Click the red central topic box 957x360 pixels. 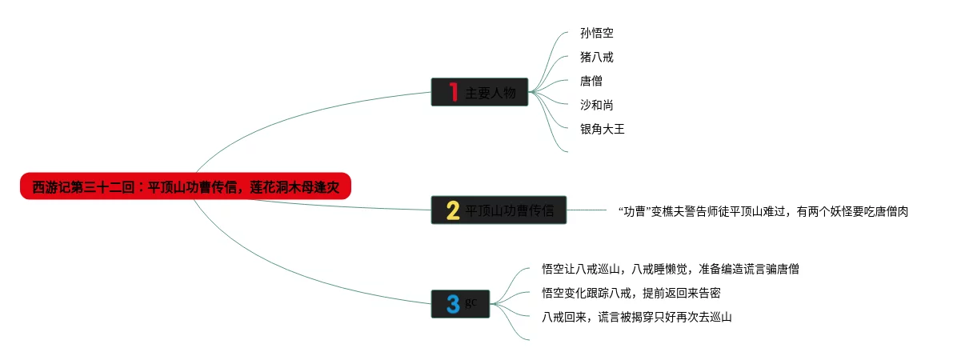point(186,186)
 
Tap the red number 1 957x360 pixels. point(452,93)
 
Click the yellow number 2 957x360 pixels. point(452,210)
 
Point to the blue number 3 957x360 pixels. point(453,304)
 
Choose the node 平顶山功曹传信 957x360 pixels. point(510,210)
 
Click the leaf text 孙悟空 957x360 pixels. point(597,34)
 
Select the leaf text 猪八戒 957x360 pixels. point(597,58)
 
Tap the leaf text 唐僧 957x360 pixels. point(591,81)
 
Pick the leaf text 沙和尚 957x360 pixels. point(597,105)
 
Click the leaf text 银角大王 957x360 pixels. point(602,128)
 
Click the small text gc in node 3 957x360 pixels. point(470,301)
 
